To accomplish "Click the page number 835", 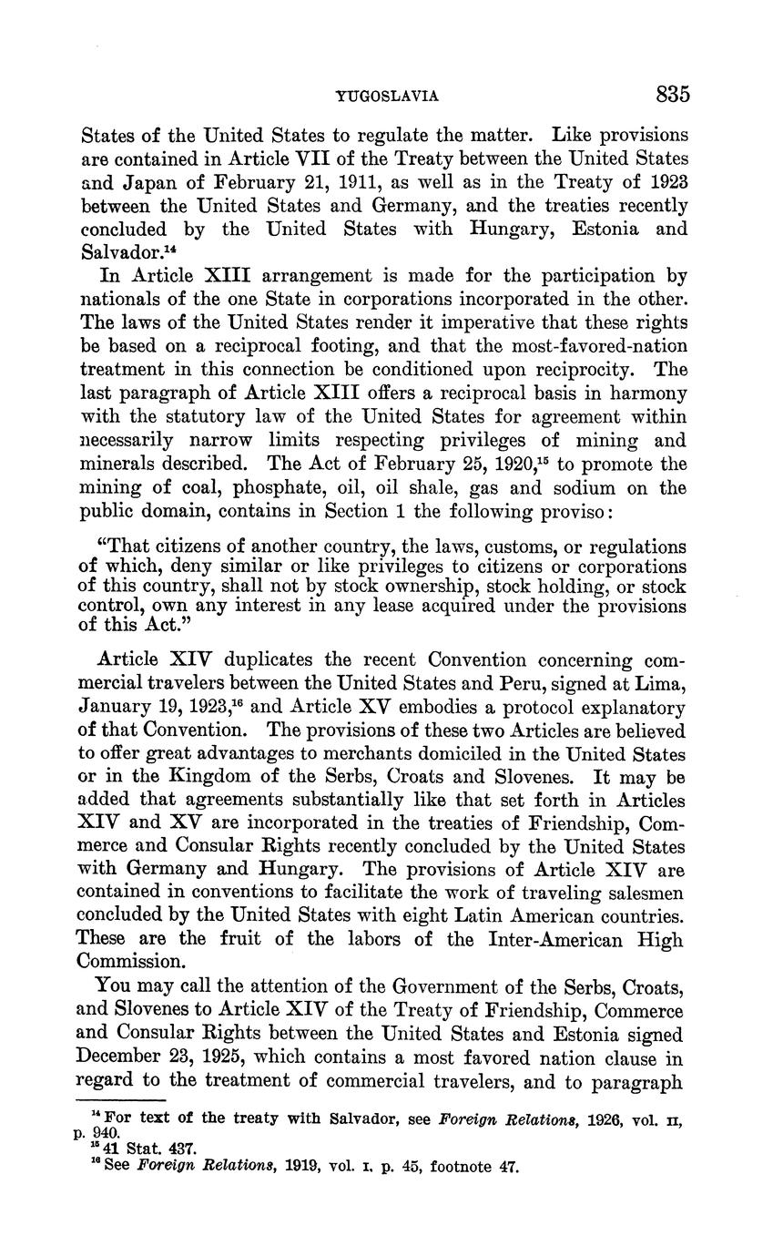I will coord(672,95).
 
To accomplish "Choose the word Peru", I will coord(552,683).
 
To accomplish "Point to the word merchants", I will coord(313,754).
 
